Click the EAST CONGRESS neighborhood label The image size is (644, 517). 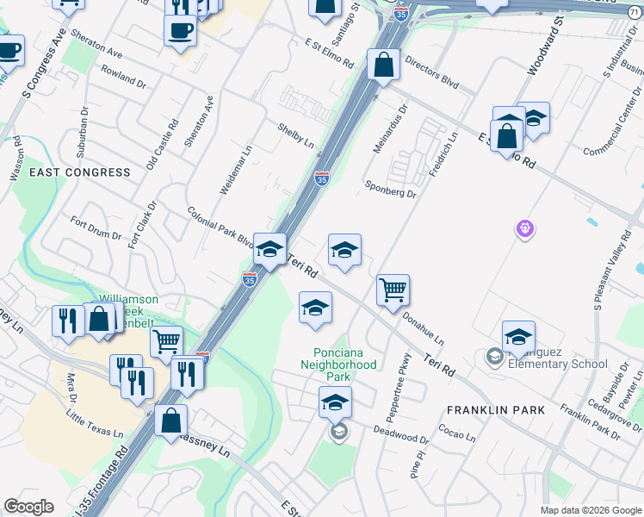click(x=80, y=172)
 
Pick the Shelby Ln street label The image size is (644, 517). click(x=295, y=134)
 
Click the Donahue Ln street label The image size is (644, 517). click(x=423, y=328)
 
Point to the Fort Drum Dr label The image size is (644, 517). click(x=97, y=230)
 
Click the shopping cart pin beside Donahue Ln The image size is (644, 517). click(x=393, y=290)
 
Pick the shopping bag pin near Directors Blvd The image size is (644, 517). click(x=382, y=64)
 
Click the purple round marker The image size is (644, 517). click(x=525, y=229)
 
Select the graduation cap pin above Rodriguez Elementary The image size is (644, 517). click(x=518, y=337)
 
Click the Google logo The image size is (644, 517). click(x=28, y=507)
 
